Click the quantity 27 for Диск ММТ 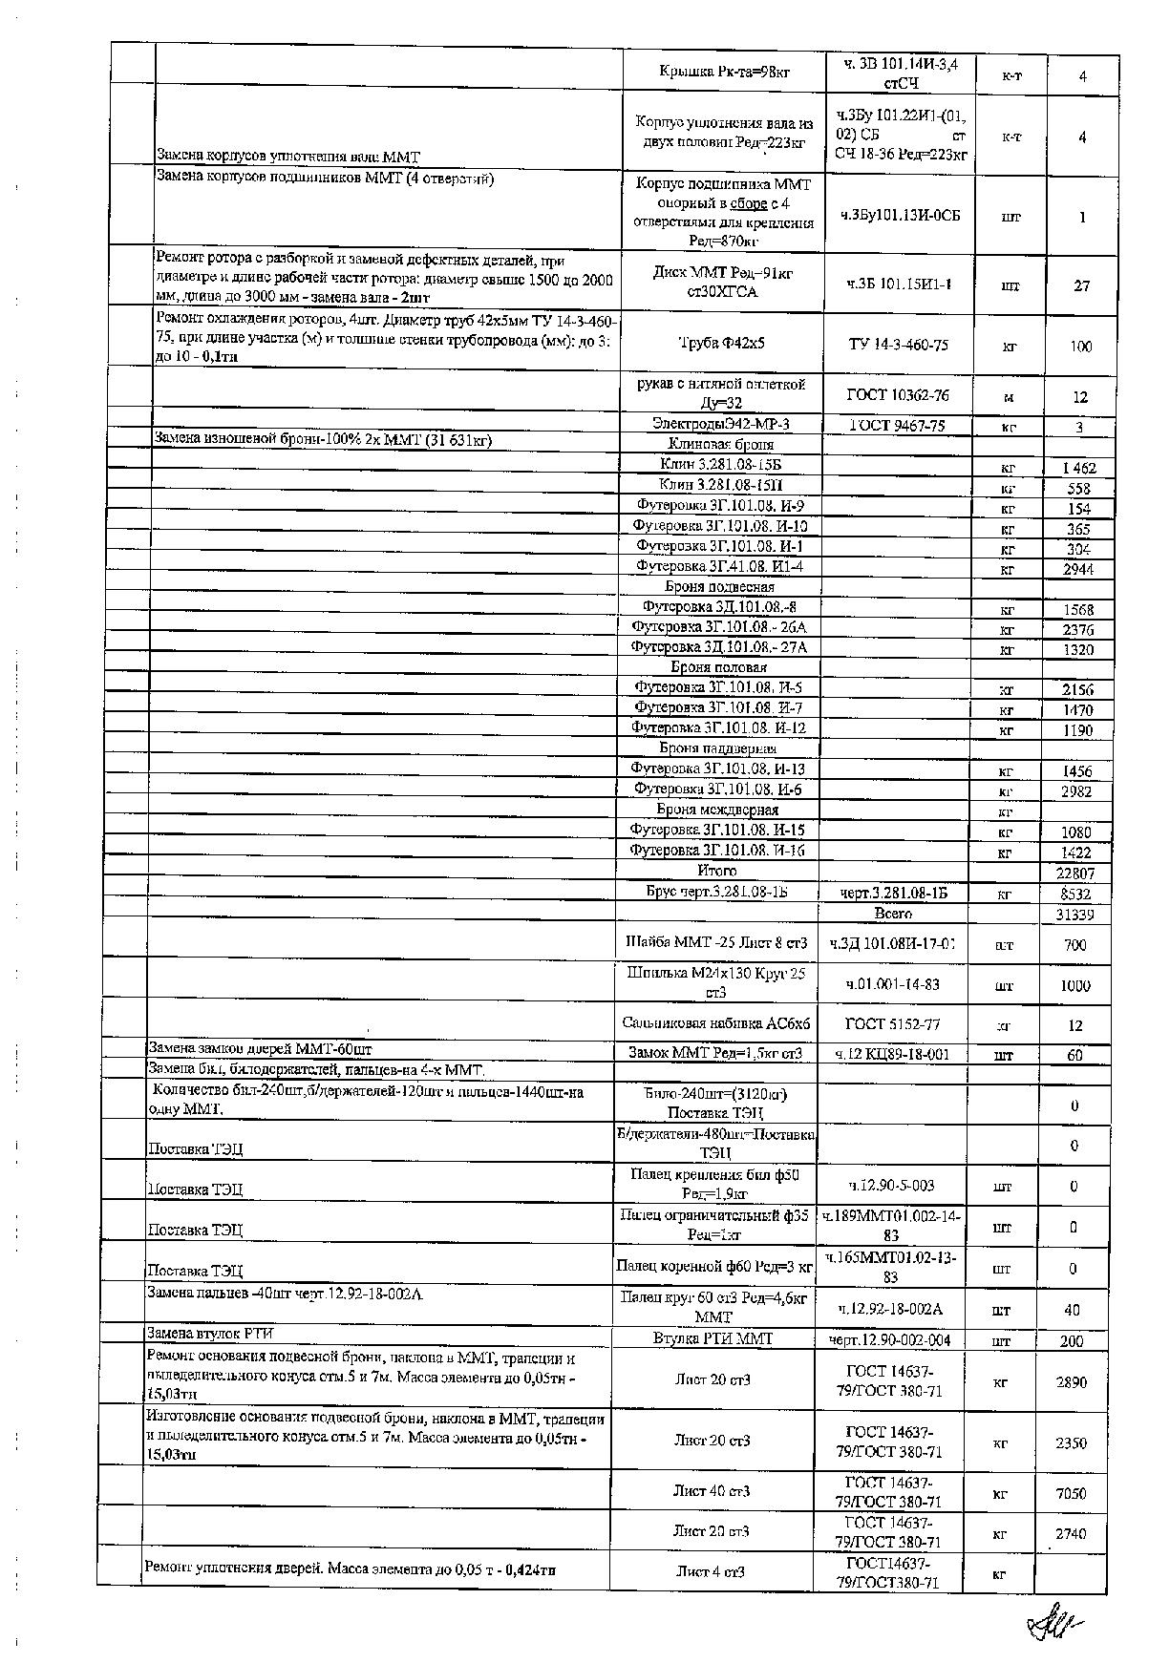[1081, 285]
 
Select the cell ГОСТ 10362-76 [898, 394]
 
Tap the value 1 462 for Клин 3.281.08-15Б [1079, 468]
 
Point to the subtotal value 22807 [1074, 873]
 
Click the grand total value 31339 [1074, 914]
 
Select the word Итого [717, 871]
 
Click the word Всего [892, 914]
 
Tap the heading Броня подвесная [719, 587]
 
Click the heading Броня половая [718, 667]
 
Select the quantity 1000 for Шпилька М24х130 [1074, 986]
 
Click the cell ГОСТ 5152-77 [892, 1024]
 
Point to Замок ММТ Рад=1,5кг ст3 [714, 1054]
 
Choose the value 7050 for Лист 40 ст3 [1071, 1494]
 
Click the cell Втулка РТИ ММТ [713, 1338]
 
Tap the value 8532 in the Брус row [1075, 895]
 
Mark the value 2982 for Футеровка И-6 [1076, 791]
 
